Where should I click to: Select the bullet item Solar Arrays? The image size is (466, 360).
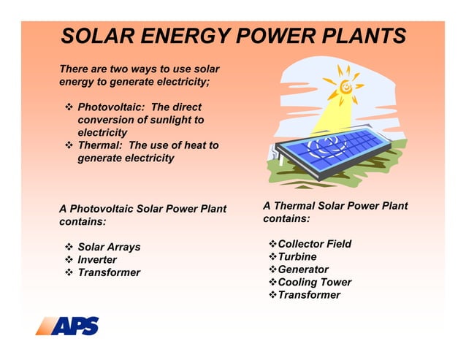pyautogui.click(x=109, y=247)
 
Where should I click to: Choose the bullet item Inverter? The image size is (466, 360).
pyautogui.click(x=97, y=260)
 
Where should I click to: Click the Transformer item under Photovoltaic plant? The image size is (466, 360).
pyautogui.click(x=109, y=272)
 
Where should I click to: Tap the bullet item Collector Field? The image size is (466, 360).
pyautogui.click(x=314, y=244)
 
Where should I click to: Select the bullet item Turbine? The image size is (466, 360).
pyautogui.click(x=297, y=257)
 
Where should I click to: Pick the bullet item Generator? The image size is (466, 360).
pyautogui.click(x=303, y=269)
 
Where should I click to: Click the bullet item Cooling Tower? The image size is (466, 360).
pyautogui.click(x=314, y=282)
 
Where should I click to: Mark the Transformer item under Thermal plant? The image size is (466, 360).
pyautogui.click(x=309, y=295)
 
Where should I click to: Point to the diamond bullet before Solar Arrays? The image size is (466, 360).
pyautogui.click(x=69, y=247)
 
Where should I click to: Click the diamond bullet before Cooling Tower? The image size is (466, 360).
pyautogui.click(x=272, y=282)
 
